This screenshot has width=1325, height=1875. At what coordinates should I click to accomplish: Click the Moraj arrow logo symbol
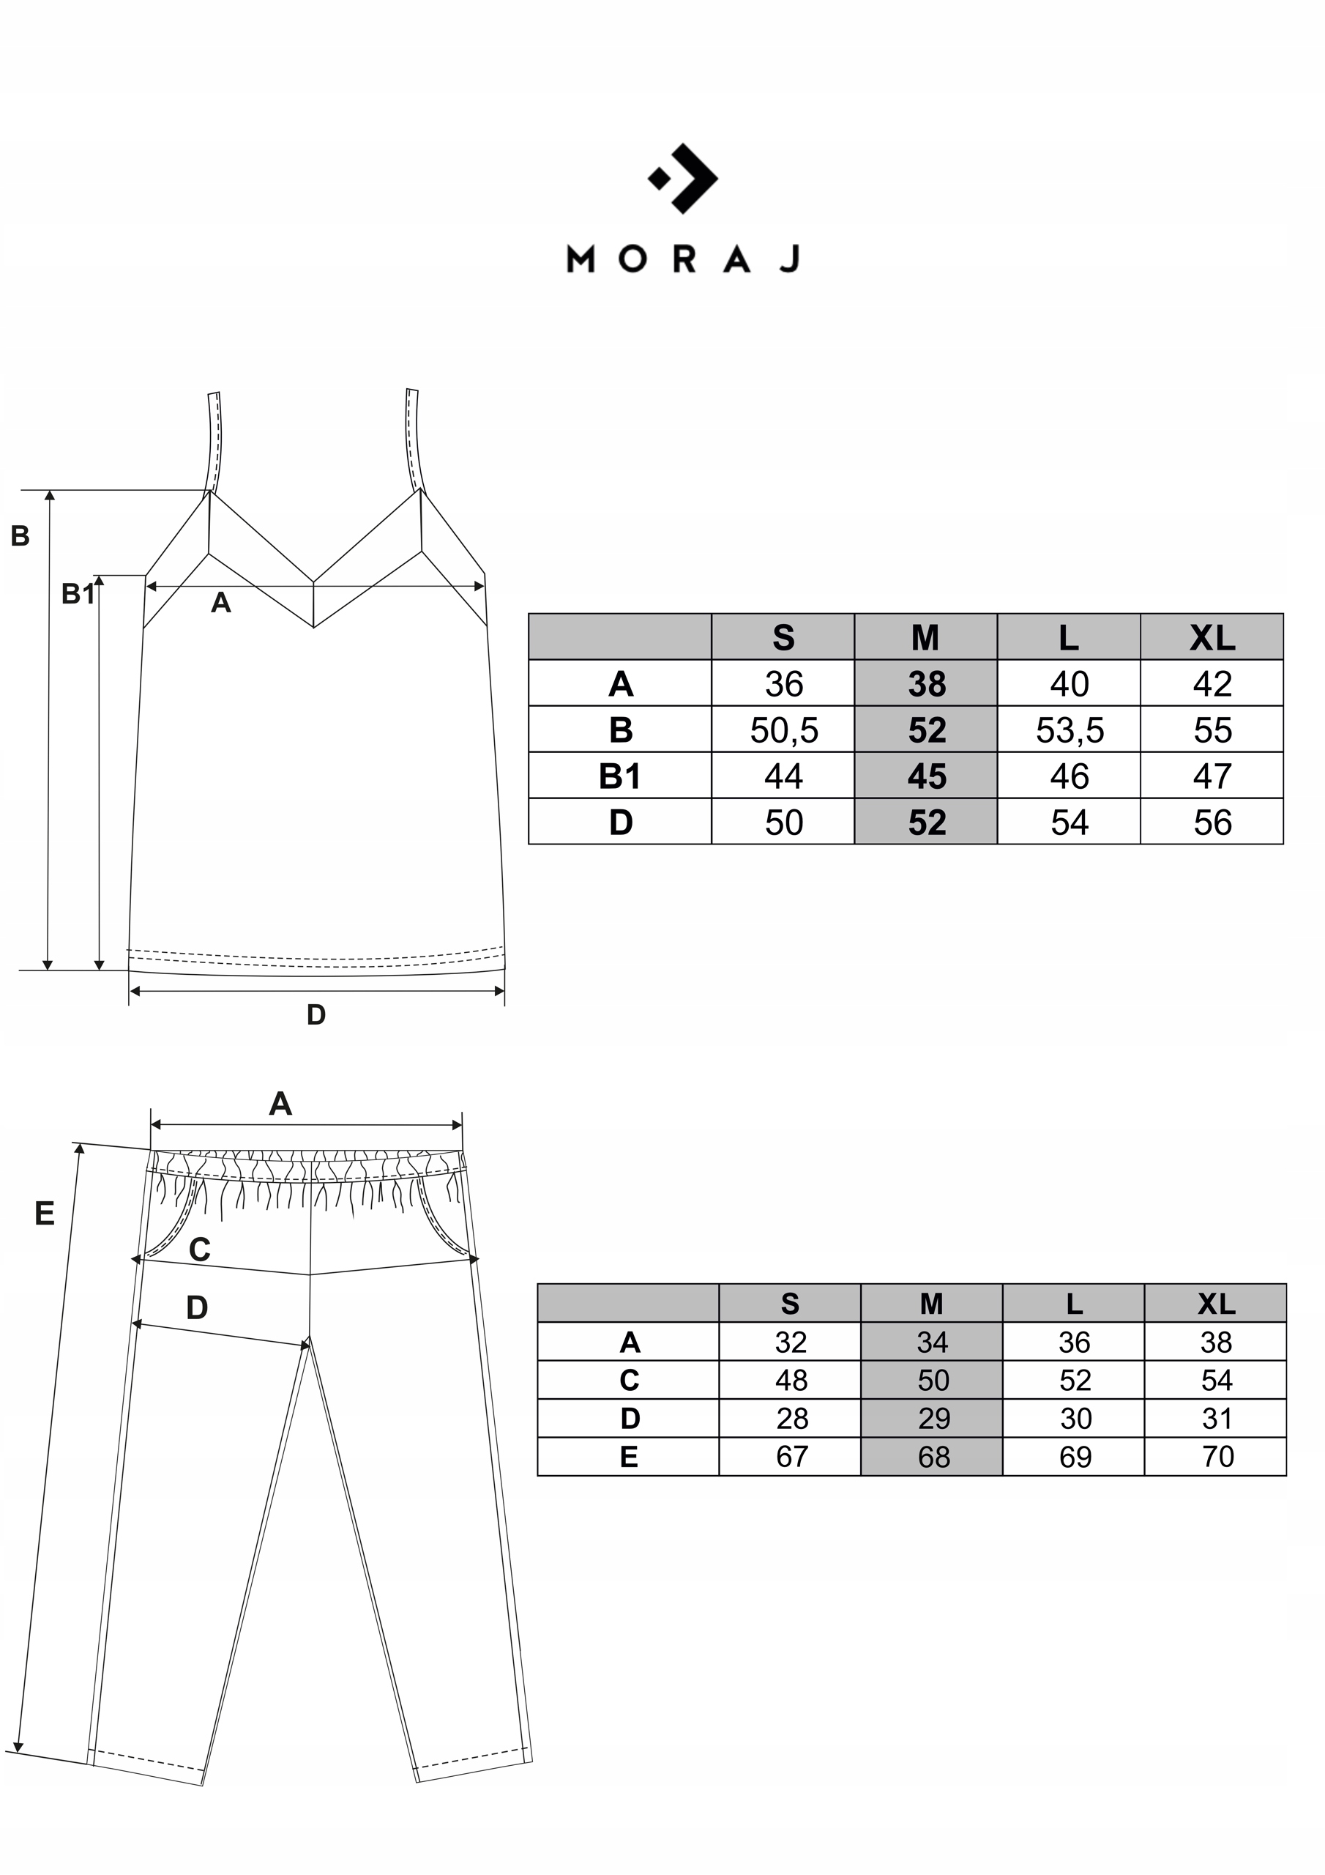pos(683,178)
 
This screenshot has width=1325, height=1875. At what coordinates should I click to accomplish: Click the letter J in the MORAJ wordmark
pos(789,259)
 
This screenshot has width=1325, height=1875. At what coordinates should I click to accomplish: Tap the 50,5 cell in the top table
pos(784,730)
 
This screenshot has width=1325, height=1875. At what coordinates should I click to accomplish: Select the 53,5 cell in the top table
pos(1069,730)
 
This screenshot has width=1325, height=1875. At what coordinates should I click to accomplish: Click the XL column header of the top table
pos(1212,638)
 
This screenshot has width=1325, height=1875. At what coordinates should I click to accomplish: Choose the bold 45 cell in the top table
pos(926,776)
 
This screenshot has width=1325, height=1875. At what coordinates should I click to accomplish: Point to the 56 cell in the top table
pos(1212,823)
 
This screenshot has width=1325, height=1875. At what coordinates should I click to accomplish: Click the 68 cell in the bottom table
pos(933,1456)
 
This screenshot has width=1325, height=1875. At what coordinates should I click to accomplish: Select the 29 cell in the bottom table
pos(933,1419)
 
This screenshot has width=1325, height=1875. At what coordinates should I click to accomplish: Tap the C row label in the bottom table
pos(629,1380)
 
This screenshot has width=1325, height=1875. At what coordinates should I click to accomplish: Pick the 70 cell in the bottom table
pos(1217,1456)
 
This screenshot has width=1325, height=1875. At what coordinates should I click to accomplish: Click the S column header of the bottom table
pos(789,1304)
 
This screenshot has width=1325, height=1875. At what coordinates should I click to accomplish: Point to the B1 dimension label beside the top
pos(78,595)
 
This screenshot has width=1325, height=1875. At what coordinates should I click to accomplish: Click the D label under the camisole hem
pos(316,1015)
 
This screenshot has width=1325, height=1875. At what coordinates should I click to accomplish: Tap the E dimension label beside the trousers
pos(44,1214)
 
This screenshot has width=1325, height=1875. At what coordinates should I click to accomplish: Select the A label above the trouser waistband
pos(280,1104)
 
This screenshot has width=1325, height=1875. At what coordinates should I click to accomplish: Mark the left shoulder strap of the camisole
pos(214,441)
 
